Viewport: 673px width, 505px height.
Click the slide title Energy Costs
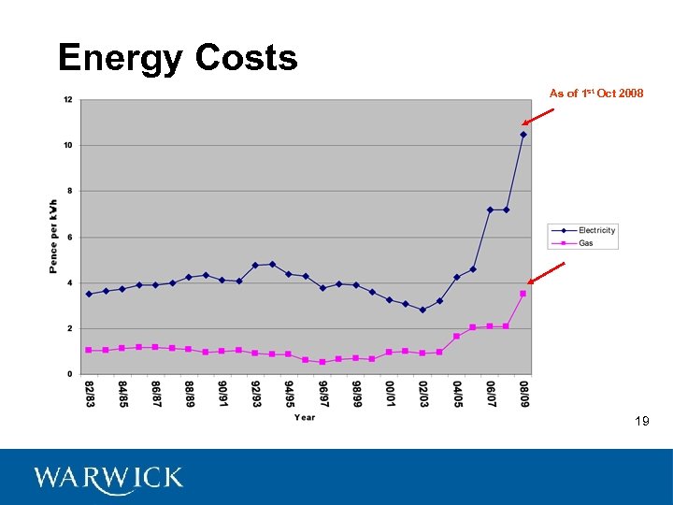[x=178, y=58]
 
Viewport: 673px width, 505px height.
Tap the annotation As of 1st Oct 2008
[x=595, y=94]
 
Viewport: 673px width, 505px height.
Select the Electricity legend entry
[x=595, y=230]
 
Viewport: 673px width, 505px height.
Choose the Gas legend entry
[x=586, y=243]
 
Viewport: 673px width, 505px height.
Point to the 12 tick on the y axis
[x=68, y=99]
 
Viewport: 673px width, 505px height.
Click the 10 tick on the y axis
[x=68, y=145]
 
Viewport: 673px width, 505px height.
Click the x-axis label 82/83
[x=89, y=393]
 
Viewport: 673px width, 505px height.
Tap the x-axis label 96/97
[x=322, y=393]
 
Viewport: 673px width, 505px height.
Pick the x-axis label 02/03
[x=422, y=393]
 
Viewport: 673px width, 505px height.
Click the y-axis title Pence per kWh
[x=53, y=237]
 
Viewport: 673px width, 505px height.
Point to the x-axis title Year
[x=305, y=417]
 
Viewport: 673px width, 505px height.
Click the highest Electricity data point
[x=523, y=135]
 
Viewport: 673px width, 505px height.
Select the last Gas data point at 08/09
[x=523, y=294]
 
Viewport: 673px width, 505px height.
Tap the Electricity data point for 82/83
[x=89, y=294]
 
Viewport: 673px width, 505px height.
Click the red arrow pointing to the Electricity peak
[x=538, y=116]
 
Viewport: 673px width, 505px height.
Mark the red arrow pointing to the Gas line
[x=547, y=273]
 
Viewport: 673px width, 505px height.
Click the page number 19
[x=641, y=422]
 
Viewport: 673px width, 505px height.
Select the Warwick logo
[x=108, y=478]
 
